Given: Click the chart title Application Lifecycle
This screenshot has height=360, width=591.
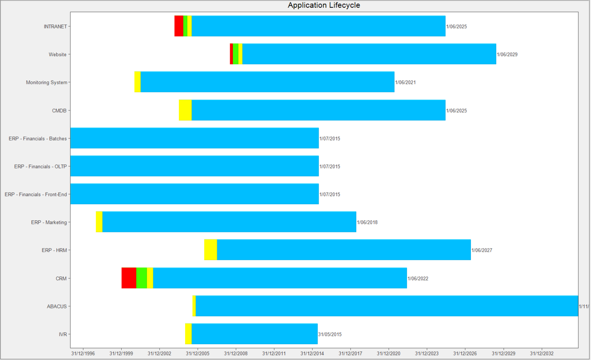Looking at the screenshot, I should (x=324, y=5).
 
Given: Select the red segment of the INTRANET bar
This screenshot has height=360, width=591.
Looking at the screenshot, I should (x=179, y=26).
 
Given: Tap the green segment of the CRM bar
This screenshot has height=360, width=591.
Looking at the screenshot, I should (x=141, y=278).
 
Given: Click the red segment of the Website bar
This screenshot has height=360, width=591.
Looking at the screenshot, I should (x=231, y=54).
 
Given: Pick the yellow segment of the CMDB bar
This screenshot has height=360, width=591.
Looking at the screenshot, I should (x=185, y=110).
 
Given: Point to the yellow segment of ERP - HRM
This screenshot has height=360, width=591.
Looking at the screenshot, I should (x=210, y=250).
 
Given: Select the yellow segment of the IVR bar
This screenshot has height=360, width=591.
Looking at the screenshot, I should (x=188, y=334).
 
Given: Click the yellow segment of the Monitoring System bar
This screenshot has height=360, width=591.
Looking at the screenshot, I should (x=137, y=82).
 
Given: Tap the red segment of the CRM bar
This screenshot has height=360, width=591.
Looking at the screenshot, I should (x=129, y=278).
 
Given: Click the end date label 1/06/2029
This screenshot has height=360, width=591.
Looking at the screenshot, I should (x=507, y=55).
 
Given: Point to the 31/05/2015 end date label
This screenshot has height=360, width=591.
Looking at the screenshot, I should (x=330, y=334).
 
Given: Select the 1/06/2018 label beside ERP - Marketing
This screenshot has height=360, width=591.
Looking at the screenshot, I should (x=367, y=222).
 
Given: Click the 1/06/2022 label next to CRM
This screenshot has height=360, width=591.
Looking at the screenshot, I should (x=418, y=278).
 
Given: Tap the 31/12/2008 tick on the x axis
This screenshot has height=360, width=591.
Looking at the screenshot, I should (x=236, y=353).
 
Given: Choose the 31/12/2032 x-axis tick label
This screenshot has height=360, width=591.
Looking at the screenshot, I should (x=541, y=353).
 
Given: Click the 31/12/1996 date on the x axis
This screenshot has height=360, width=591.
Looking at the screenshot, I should (x=83, y=353).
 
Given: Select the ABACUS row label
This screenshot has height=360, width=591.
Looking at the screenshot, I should (x=57, y=307).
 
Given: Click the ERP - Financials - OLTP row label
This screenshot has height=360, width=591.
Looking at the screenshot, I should (x=40, y=167).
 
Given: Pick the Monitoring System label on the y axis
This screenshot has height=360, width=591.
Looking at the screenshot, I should (x=47, y=82).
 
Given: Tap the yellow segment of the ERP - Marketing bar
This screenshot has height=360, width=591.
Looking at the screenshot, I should (x=99, y=222).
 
